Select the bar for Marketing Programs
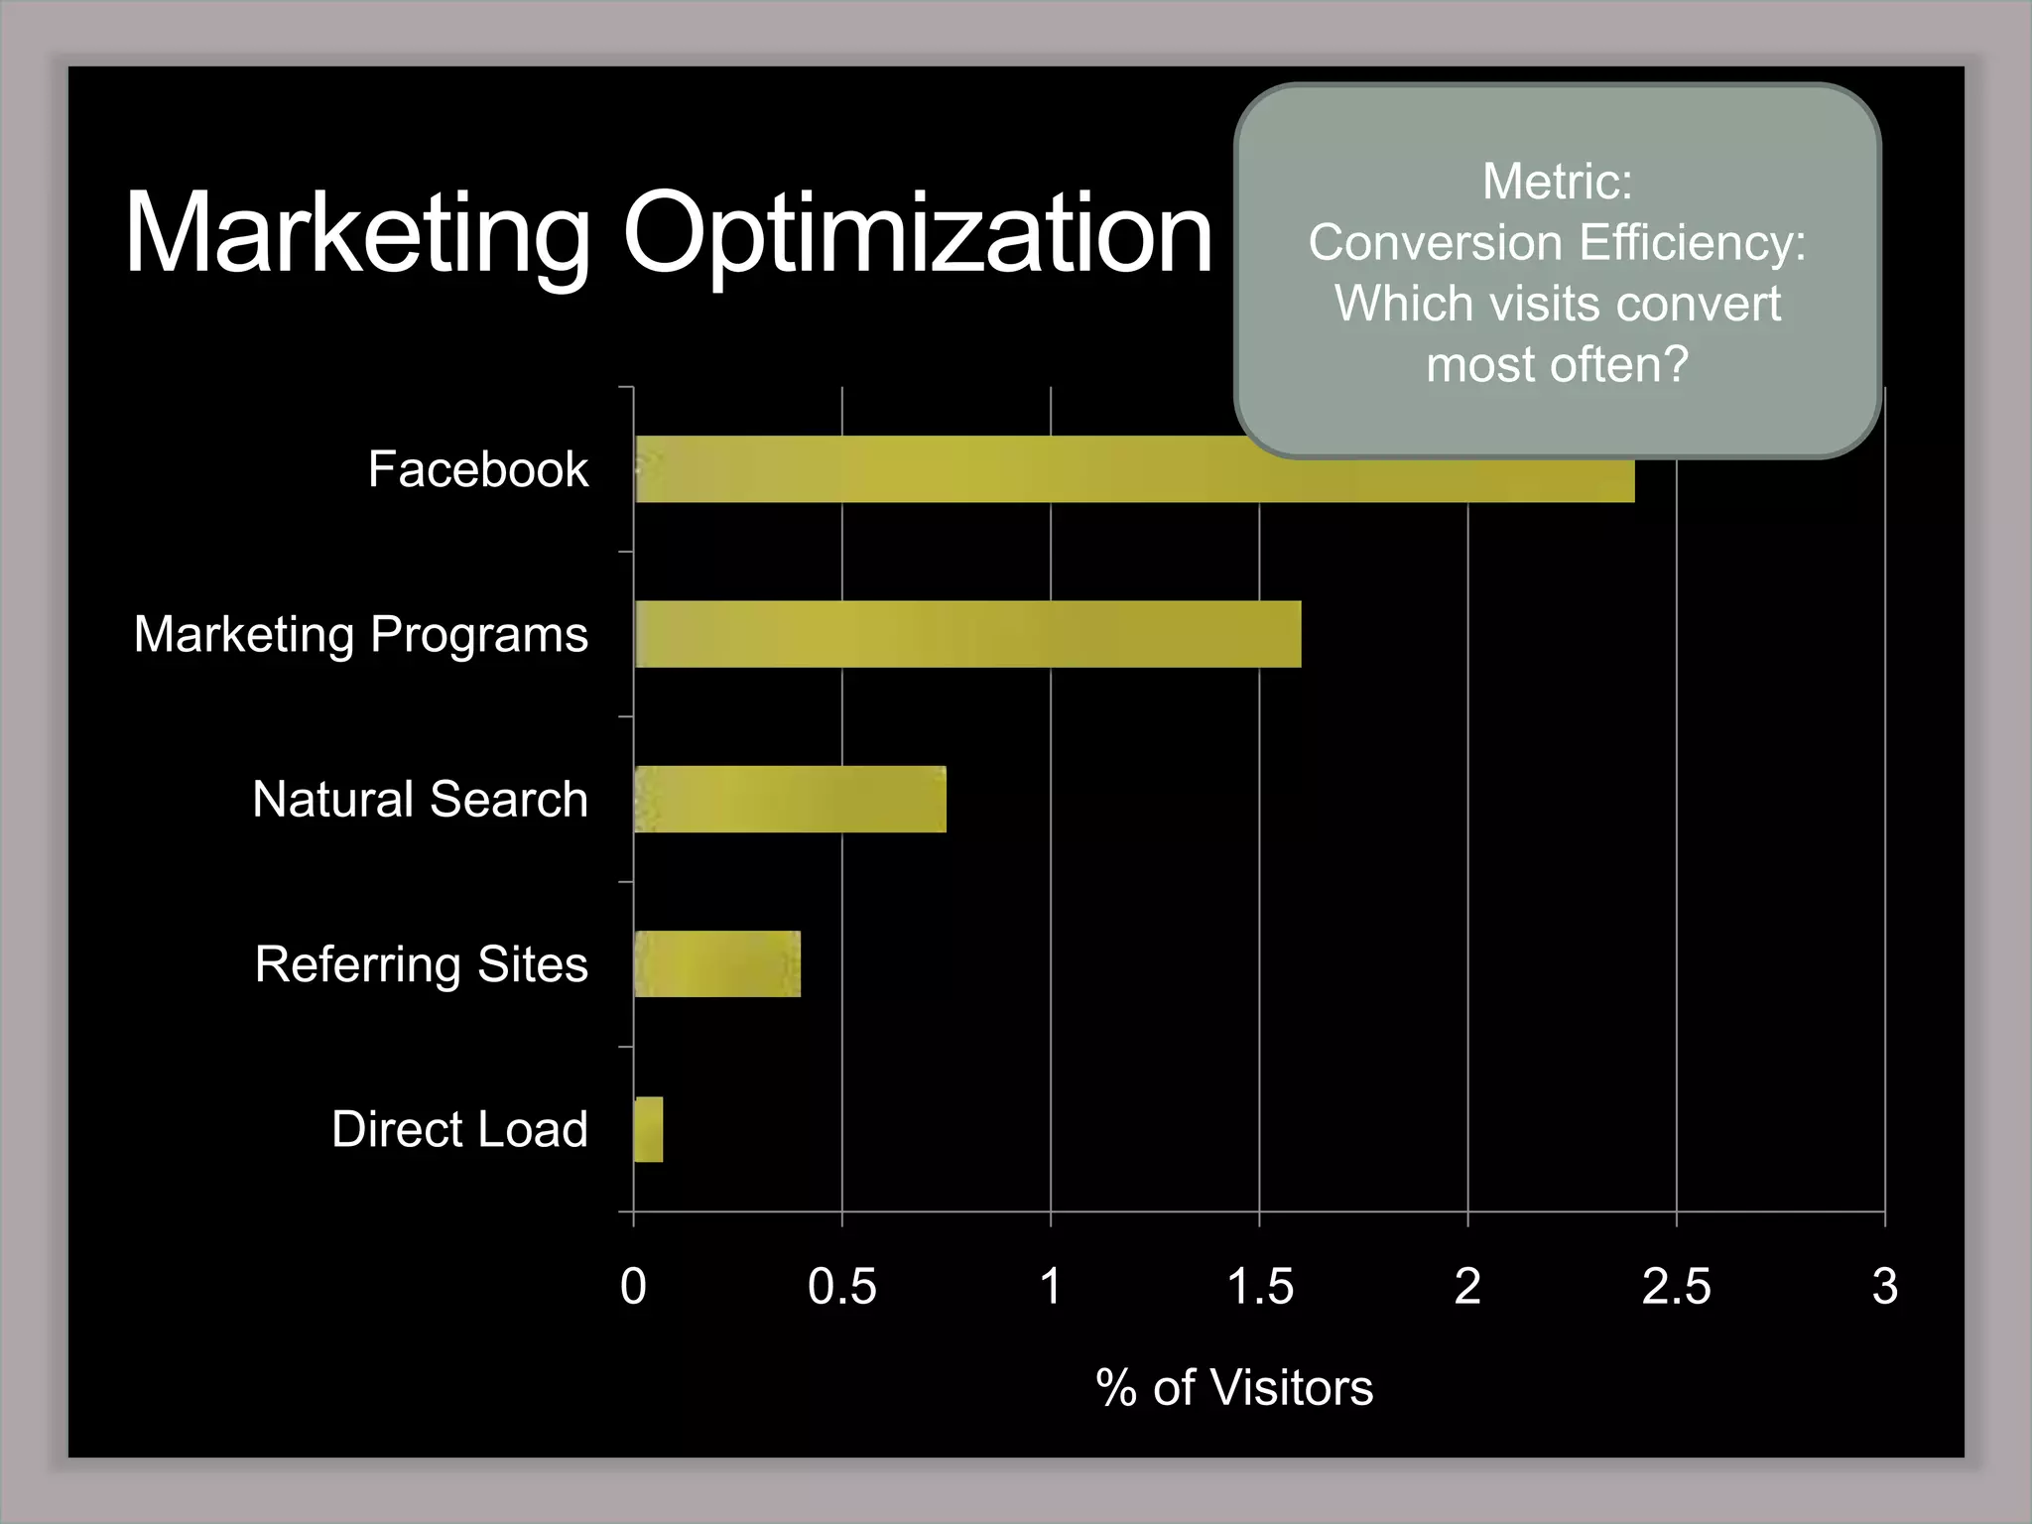click(967, 634)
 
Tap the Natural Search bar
click(790, 799)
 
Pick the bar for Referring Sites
click(716, 963)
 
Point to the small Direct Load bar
click(648, 1129)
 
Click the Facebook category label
click(478, 469)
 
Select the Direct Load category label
click(459, 1129)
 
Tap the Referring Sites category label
click(421, 964)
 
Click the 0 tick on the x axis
click(633, 1287)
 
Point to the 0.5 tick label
click(841, 1287)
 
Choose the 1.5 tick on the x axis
click(1260, 1287)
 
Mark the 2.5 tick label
click(1676, 1287)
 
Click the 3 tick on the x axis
click(1884, 1287)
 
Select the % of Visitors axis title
click(1234, 1387)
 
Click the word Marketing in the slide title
click(357, 234)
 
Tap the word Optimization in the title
click(917, 234)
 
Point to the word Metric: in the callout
click(1557, 182)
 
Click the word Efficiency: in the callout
click(1693, 243)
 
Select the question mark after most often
click(1674, 364)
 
